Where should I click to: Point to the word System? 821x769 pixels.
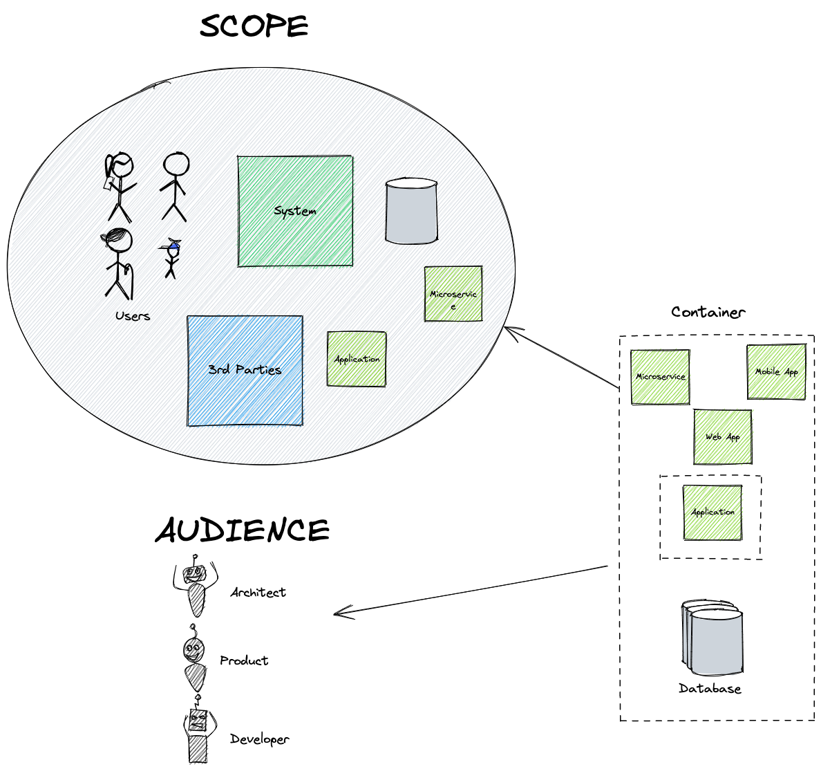(x=295, y=211)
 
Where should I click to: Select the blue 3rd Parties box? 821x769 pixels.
(x=245, y=398)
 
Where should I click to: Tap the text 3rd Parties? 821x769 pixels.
(x=245, y=369)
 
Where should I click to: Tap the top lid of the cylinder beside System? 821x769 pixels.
(x=411, y=184)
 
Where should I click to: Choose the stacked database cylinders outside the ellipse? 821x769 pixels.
(x=713, y=638)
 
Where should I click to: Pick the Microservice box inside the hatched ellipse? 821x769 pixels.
(x=453, y=294)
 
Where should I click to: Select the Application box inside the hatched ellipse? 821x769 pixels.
(x=357, y=359)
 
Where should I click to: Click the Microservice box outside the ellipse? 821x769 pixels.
(x=660, y=377)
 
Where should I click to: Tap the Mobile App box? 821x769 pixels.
(x=777, y=371)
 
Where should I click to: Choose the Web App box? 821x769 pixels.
(x=723, y=437)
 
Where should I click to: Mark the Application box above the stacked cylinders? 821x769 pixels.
(x=713, y=512)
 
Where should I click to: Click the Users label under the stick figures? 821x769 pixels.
(x=133, y=316)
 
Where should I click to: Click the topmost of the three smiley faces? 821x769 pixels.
(x=194, y=574)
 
